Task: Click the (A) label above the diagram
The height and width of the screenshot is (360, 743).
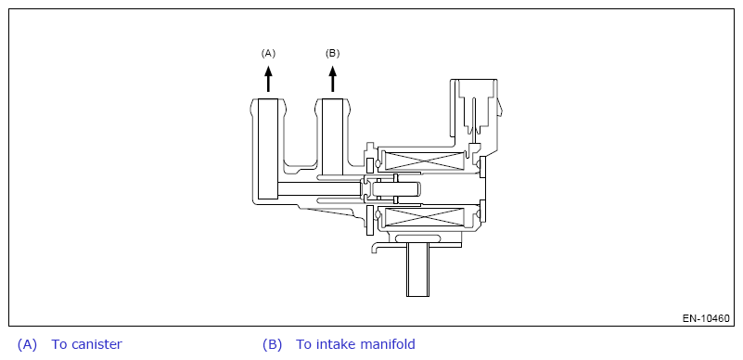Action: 268,54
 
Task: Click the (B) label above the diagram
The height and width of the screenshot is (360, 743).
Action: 333,54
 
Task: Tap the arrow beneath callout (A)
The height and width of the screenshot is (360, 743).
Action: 268,79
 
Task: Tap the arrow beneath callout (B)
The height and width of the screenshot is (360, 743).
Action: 333,79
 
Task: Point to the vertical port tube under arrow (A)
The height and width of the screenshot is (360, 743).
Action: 268,148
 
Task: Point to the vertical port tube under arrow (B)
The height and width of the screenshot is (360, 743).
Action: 332,137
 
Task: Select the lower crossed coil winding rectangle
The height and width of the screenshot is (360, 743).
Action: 424,217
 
